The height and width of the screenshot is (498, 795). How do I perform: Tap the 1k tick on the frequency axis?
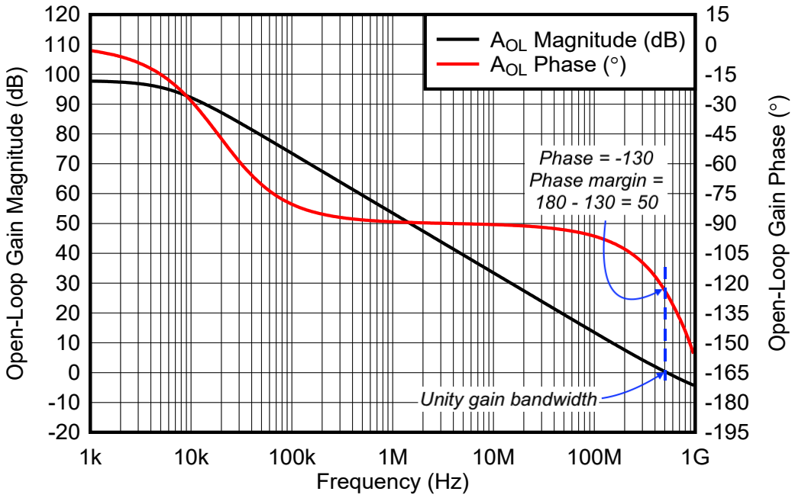click(x=90, y=457)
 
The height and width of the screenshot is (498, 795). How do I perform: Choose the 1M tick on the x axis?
click(x=393, y=457)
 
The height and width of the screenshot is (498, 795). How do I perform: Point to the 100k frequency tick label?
click(x=291, y=457)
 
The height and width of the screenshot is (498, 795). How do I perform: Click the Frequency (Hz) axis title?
click(x=392, y=482)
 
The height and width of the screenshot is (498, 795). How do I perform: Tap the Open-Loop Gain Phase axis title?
click(x=777, y=223)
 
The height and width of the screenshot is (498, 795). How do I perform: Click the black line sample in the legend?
click(x=459, y=40)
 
